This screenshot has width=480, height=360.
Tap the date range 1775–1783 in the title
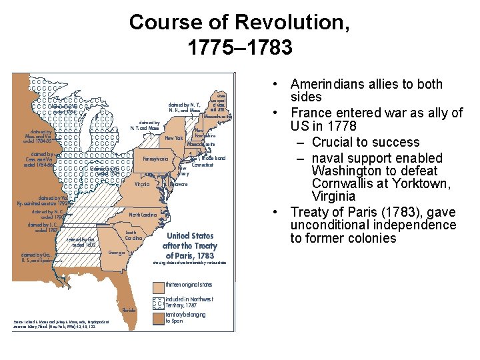[239, 48]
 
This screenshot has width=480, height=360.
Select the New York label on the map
[174, 138]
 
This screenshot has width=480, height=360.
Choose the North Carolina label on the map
[143, 215]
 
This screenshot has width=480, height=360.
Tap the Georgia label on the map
[117, 253]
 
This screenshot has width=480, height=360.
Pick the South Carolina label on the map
[135, 235]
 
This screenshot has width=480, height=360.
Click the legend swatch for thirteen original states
[158, 285]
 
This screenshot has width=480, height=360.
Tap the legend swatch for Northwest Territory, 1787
[158, 302]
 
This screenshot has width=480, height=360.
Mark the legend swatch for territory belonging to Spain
[158, 318]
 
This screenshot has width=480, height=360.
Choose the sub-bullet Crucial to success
[365, 142]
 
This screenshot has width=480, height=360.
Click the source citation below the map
[61, 325]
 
